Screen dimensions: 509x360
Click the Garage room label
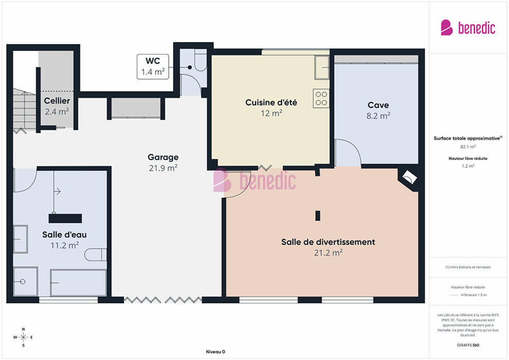tap(163, 157)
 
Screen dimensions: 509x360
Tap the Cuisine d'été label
tap(271, 102)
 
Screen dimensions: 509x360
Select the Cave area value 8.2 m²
tap(378, 116)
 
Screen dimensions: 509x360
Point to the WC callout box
tap(153, 66)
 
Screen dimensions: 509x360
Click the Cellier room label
tap(57, 101)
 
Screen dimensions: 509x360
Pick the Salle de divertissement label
tap(328, 242)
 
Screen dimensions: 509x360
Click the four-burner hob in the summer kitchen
tap(321, 98)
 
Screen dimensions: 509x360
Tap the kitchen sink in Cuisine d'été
tap(322, 67)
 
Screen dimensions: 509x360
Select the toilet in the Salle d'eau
tap(96, 255)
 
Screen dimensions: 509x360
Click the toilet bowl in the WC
tap(201, 60)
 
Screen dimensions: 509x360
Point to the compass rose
tap(23, 337)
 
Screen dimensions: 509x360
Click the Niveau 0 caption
tap(215, 352)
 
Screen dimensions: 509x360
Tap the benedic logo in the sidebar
tap(468, 27)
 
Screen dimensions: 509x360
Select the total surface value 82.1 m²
tap(468, 147)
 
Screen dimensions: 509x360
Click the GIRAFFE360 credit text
tap(468, 345)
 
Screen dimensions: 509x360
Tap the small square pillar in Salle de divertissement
tap(318, 216)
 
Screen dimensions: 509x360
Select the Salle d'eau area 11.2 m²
tap(65, 245)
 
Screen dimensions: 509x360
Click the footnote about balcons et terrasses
tap(468, 267)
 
